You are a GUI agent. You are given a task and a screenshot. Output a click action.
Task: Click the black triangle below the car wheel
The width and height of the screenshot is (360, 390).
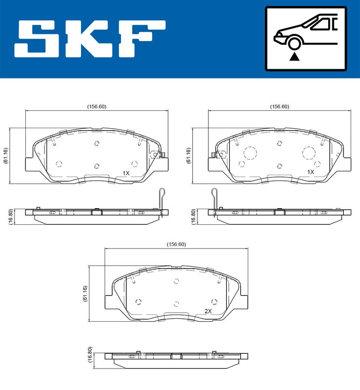point(294,57)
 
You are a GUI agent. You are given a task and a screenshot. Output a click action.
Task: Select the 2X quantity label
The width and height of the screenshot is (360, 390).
point(208,311)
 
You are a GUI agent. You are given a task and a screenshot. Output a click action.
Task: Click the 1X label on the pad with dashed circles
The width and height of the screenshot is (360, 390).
point(310,172)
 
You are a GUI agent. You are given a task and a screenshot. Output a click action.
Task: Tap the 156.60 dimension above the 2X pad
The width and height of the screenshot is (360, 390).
point(177,244)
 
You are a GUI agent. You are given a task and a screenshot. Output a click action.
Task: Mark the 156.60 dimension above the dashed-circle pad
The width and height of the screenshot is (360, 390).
point(280,107)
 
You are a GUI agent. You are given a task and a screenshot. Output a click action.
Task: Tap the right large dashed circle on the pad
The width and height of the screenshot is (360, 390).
point(309,153)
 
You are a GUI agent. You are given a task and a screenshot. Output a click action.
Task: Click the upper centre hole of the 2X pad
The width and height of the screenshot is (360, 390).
point(177,281)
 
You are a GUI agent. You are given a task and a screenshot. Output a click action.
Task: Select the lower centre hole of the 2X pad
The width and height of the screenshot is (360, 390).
point(177,304)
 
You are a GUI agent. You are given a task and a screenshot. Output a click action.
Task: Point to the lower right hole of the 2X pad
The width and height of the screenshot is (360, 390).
point(213,301)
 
